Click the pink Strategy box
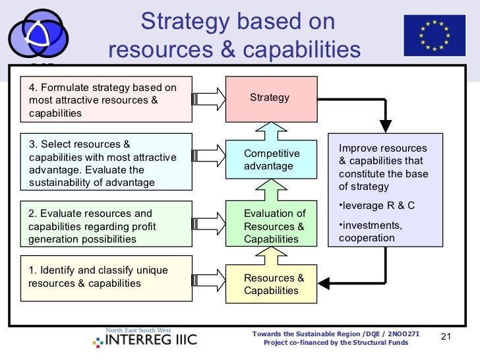[269, 99]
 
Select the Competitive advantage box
[269, 160]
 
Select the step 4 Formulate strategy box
[106, 100]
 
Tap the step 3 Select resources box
[106, 162]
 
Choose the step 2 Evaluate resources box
[106, 225]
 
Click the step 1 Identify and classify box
[106, 278]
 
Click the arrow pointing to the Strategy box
[209, 100]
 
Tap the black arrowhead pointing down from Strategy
[386, 125]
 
